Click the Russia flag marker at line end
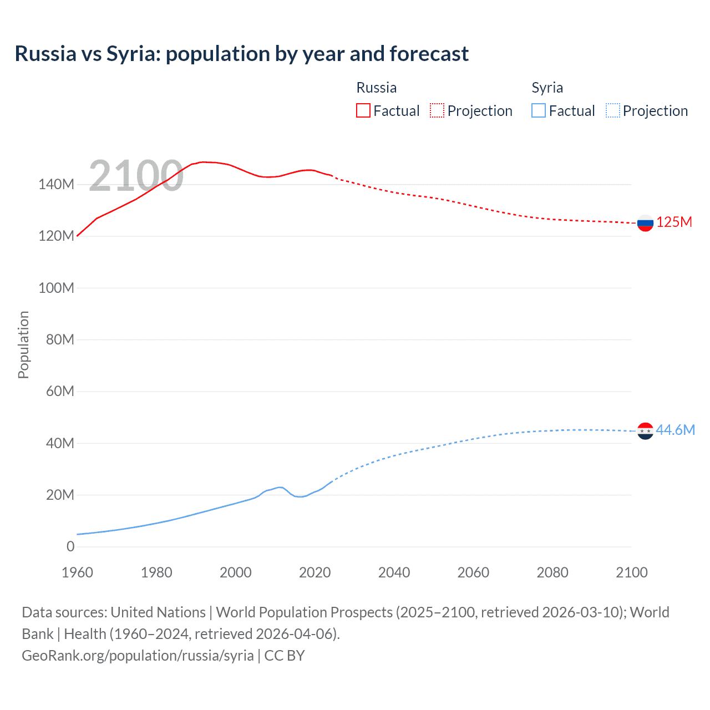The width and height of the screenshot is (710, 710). pos(645,223)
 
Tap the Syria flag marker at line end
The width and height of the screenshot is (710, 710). pos(645,430)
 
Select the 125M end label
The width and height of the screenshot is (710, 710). pos(674,222)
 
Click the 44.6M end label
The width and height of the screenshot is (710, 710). pos(675,430)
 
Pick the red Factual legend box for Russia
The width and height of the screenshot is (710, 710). pos(363,111)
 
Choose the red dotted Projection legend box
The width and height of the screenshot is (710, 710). pos(437,111)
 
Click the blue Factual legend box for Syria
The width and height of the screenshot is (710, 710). pos(538,111)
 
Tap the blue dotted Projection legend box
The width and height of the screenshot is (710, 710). pos(613,111)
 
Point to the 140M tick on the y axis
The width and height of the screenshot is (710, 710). pos(56,185)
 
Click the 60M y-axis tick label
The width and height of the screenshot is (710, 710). pos(60,392)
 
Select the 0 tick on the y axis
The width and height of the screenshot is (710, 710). pos(70,547)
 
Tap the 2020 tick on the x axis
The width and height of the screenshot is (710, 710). pos(315,572)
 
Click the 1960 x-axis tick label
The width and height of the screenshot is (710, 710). pos(77,572)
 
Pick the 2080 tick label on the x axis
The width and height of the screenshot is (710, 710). pos(552,572)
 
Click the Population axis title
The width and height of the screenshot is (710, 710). pos(23,344)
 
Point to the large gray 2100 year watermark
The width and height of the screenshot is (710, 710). pos(136,176)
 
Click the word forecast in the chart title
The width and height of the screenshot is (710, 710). pos(429,54)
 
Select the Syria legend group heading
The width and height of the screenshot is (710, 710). pos(547,88)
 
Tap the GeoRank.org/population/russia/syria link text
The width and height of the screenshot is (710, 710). pos(138,656)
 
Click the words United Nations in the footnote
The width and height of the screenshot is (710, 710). pos(158,612)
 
